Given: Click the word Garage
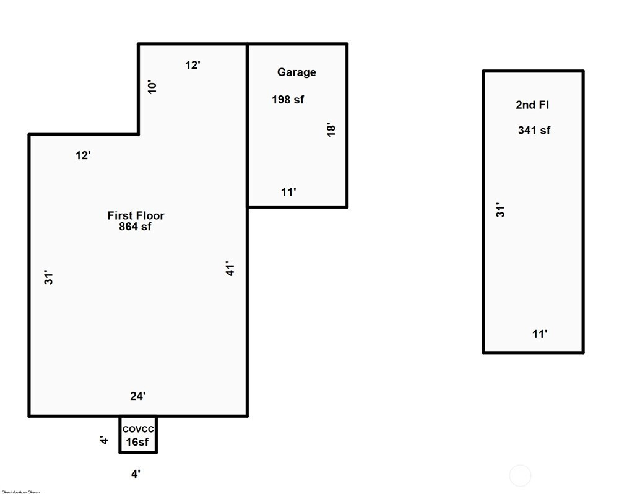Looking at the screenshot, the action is pyautogui.click(x=297, y=72).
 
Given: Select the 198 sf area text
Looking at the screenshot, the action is pyautogui.click(x=288, y=100).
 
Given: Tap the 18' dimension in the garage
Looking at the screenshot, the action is pyautogui.click(x=331, y=130).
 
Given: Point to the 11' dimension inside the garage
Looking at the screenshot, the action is pyautogui.click(x=288, y=192).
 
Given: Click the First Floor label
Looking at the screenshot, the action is pyautogui.click(x=136, y=215).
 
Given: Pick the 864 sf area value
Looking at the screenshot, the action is pyautogui.click(x=135, y=227).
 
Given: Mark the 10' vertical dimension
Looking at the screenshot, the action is pyautogui.click(x=152, y=87).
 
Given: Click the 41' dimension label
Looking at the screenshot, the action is pyautogui.click(x=230, y=268).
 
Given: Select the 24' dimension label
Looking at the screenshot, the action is pyautogui.click(x=138, y=396).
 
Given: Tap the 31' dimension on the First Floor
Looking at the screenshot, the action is pyautogui.click(x=48, y=277).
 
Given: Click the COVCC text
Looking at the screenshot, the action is pyautogui.click(x=138, y=429).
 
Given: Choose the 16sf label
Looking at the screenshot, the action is pyautogui.click(x=137, y=442).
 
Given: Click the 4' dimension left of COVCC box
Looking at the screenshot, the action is pyautogui.click(x=104, y=440).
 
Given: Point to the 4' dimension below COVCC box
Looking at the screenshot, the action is pyautogui.click(x=136, y=474).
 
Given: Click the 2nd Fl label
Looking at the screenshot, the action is pyautogui.click(x=532, y=105).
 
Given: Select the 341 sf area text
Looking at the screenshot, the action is pyautogui.click(x=534, y=131).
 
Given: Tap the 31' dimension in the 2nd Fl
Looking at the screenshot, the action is pyautogui.click(x=500, y=210).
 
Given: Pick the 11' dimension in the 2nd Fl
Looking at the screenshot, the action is pyautogui.click(x=540, y=334).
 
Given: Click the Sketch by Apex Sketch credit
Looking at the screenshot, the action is pyautogui.click(x=21, y=492).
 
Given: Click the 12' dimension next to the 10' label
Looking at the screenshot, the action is pyautogui.click(x=193, y=65).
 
